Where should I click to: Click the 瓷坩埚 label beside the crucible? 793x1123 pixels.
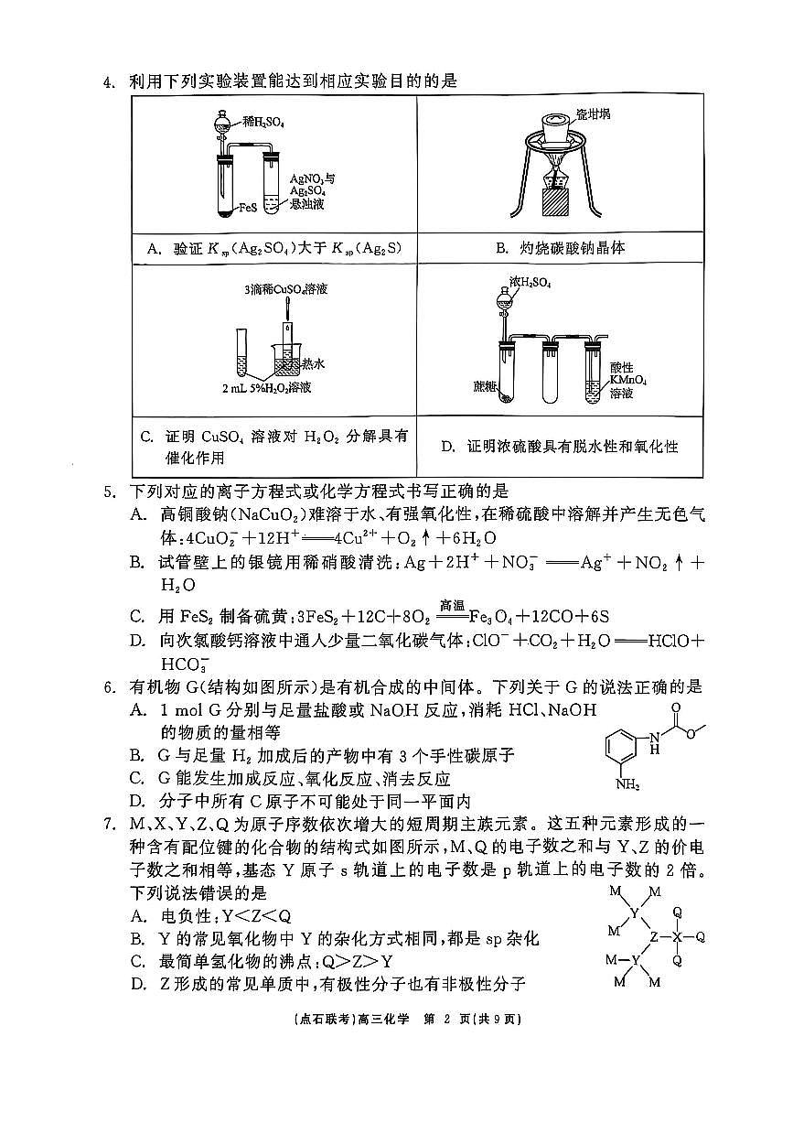593,113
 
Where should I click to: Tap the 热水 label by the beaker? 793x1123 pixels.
313,364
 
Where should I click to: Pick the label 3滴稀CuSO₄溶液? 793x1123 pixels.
286,289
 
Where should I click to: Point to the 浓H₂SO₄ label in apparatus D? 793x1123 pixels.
530,284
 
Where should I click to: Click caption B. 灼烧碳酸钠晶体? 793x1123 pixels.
560,248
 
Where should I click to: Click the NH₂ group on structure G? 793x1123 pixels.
628,784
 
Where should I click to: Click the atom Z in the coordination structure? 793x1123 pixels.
653,936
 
